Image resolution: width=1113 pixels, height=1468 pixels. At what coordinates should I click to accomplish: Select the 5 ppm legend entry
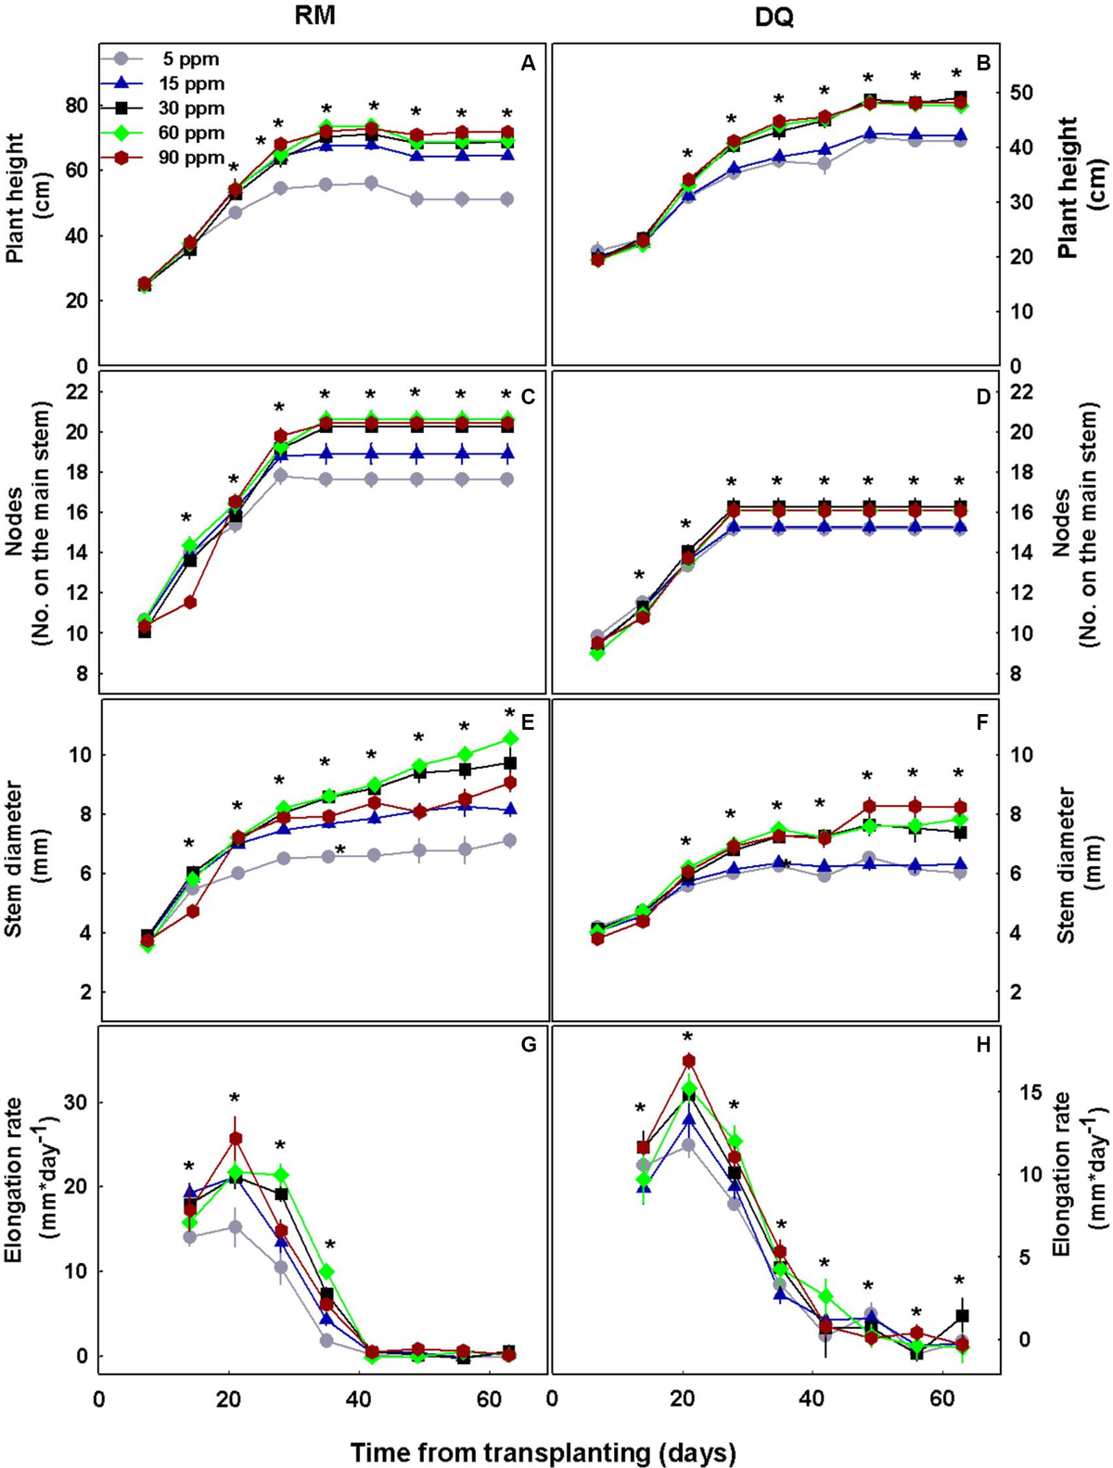coord(188,59)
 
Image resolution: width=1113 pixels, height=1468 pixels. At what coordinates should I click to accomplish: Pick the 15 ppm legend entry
coord(191,83)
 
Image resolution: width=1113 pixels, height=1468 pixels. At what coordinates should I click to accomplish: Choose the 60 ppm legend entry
coord(191,134)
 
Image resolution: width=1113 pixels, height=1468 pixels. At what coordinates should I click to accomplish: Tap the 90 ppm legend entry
coord(191,158)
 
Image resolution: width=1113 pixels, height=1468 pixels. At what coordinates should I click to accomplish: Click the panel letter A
coord(528,63)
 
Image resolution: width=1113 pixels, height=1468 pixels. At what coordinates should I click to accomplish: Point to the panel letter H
coord(983,1045)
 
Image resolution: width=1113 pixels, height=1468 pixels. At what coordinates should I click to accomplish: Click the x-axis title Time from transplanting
coord(543,1452)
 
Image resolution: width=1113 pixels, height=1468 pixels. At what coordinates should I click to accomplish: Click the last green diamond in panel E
coord(509,738)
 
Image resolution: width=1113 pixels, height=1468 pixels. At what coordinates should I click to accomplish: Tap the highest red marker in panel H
coord(688,1061)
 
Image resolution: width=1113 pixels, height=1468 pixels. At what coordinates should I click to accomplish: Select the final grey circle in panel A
coord(507,199)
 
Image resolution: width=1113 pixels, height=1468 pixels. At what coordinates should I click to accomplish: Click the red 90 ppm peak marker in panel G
coord(236,1138)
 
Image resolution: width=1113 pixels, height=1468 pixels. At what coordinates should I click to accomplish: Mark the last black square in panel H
coord(962,1316)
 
